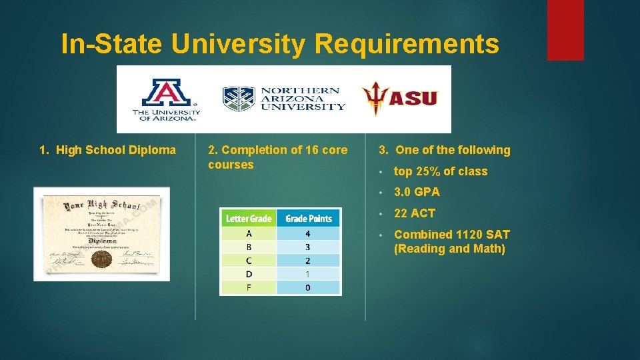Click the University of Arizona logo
166,99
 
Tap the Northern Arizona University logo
284,99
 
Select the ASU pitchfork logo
399,99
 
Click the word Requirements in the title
407,45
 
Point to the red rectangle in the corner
565,30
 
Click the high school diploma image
102,233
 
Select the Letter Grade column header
249,219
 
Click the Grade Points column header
308,219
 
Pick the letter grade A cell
249,234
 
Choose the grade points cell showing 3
308,247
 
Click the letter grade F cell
249,287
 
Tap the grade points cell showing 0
308,287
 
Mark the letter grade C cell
249,261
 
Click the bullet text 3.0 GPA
417,192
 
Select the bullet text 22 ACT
414,213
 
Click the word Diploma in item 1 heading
154,151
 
